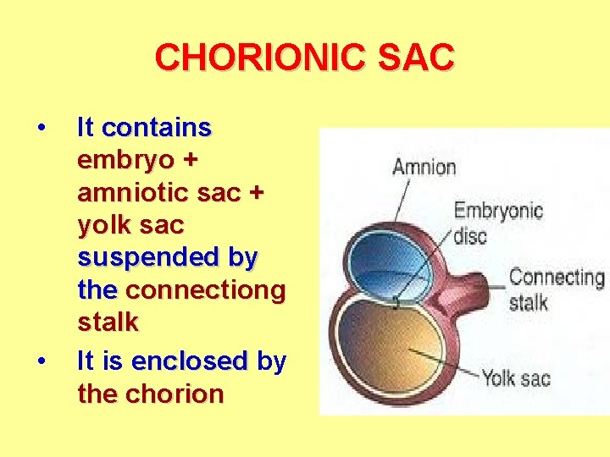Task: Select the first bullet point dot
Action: point(40,129)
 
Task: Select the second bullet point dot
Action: point(40,363)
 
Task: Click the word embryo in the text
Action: point(125,161)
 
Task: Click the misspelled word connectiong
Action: point(206,290)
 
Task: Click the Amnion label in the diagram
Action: point(424,166)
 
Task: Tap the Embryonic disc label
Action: point(498,221)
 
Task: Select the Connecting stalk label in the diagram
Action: point(555,289)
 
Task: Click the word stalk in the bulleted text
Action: point(108,322)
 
